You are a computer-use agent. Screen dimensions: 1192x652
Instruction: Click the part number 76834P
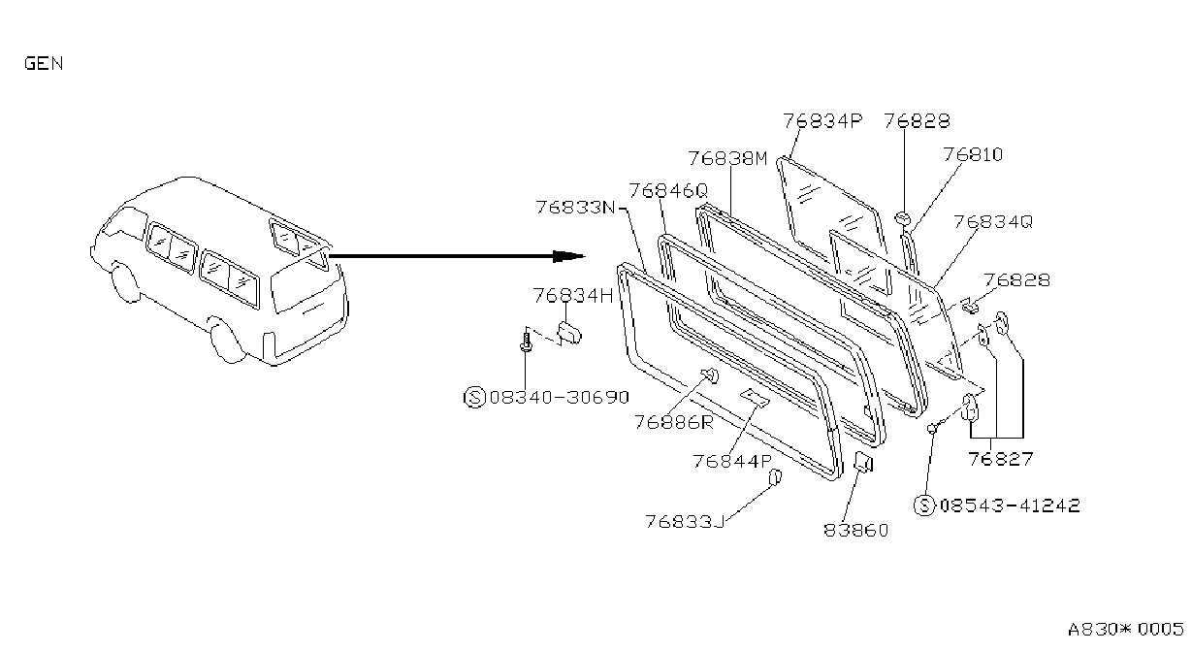point(822,121)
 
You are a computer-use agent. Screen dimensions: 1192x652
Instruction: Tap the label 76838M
point(727,158)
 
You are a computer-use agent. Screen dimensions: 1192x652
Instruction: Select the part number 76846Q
point(668,190)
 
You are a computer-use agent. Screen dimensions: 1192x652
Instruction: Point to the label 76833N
point(575,207)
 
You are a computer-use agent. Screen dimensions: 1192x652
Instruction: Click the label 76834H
point(573,295)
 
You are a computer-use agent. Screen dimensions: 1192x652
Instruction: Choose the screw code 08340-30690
point(560,397)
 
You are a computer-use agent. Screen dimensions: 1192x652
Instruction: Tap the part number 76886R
point(674,422)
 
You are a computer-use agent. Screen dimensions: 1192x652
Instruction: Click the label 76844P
point(732,461)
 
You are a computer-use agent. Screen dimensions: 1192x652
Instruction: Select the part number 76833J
point(686,521)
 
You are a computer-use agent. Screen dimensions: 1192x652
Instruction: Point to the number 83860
point(856,530)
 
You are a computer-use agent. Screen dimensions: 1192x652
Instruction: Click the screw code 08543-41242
point(1010,505)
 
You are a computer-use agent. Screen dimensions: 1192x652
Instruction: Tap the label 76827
point(1000,458)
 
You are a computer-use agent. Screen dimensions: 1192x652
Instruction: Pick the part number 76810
point(973,154)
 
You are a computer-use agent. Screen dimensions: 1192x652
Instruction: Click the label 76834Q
point(993,221)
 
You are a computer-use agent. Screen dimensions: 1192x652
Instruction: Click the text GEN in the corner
point(44,63)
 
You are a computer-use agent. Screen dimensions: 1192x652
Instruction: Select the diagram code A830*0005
point(1126,629)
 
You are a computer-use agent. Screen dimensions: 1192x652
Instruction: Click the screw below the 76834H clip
point(527,341)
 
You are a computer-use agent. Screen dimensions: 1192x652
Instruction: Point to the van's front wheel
point(125,283)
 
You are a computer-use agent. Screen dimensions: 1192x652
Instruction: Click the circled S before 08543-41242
point(924,505)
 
